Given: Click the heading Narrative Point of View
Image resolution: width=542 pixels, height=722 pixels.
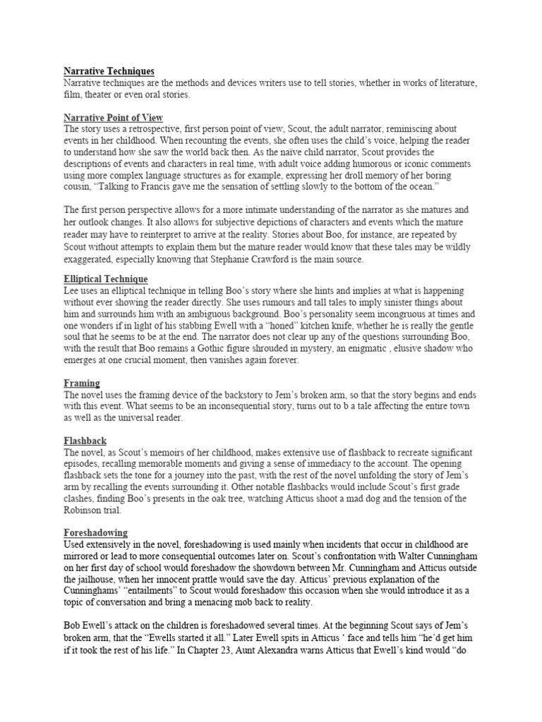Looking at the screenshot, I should (x=114, y=118).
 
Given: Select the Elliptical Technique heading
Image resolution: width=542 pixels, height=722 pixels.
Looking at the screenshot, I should (x=106, y=279).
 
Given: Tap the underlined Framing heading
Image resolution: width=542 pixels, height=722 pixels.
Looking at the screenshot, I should (x=83, y=383).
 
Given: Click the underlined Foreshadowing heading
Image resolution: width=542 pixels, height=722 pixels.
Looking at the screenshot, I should (x=96, y=533).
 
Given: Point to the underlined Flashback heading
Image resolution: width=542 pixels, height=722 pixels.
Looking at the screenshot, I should (x=85, y=441).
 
